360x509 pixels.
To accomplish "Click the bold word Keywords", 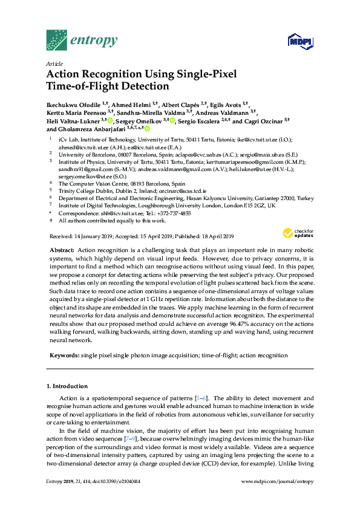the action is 63,355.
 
